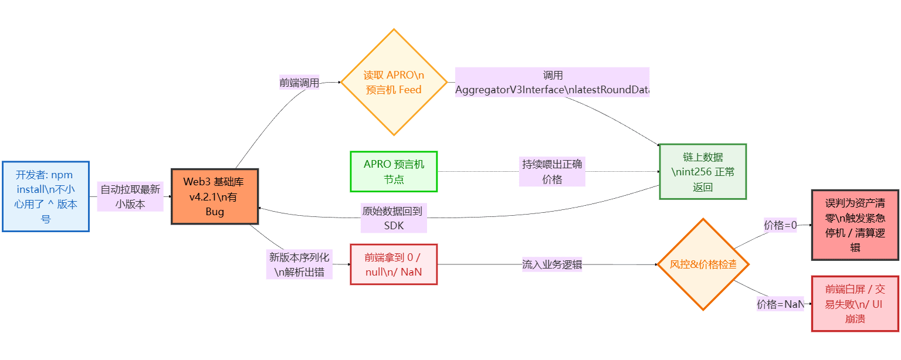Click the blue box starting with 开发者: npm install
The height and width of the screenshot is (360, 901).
tap(46, 196)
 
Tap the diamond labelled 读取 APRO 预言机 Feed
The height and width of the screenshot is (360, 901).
tap(394, 82)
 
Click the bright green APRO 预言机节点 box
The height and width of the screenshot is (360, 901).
tap(394, 171)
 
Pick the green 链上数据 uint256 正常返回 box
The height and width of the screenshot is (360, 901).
tap(703, 172)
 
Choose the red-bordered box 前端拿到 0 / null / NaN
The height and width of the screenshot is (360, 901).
tap(394, 264)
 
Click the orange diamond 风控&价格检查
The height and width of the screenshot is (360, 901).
tap(703, 264)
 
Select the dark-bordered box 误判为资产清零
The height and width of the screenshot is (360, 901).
tap(855, 225)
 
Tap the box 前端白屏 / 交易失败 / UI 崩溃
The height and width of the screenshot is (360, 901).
tap(855, 304)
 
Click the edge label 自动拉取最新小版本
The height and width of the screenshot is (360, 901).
tap(130, 196)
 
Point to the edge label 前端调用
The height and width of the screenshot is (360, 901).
tap(300, 83)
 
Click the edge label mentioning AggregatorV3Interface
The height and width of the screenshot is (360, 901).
tap(552, 83)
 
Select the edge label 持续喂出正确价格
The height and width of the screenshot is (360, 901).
tap(552, 171)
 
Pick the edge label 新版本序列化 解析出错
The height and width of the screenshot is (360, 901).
tap(299, 264)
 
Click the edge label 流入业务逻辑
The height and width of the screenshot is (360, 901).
tap(552, 264)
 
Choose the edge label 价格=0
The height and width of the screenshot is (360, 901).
tap(780, 225)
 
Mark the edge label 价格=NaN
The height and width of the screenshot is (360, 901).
tap(780, 304)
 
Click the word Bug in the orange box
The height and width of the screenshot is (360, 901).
tap(215, 212)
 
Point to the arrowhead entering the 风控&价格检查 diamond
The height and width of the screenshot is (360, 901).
tap(656, 264)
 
